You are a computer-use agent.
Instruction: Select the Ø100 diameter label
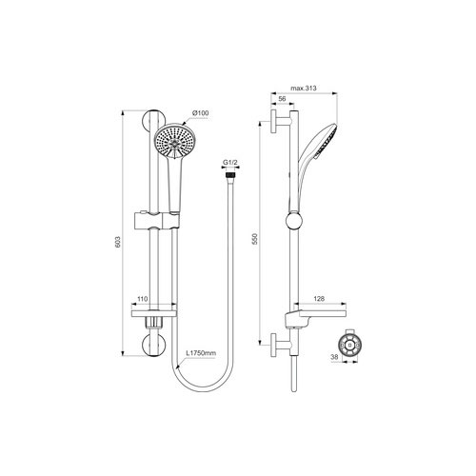click(201, 114)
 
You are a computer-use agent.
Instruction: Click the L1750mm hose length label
click(202, 353)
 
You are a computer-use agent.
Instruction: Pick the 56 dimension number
click(283, 98)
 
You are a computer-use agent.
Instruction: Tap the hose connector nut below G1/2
click(228, 175)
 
